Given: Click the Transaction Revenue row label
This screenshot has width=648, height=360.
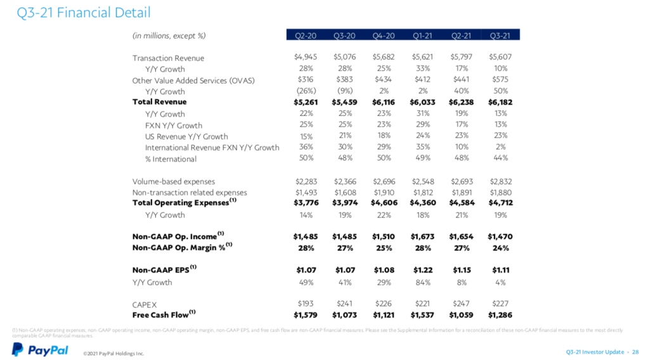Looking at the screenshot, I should [168, 58].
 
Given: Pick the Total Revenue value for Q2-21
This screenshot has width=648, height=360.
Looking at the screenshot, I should [461, 102].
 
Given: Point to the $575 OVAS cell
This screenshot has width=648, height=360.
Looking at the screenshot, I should [500, 80].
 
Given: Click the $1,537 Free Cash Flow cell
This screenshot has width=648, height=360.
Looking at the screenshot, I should [422, 315].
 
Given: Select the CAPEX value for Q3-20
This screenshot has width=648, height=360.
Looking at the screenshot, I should [344, 304].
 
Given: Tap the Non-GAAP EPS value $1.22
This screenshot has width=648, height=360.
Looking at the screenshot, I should [422, 270].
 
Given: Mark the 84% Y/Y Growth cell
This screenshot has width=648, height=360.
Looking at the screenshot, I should [422, 282].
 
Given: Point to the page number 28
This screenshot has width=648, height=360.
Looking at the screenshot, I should [635, 352].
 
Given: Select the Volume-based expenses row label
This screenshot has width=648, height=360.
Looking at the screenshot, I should [173, 182].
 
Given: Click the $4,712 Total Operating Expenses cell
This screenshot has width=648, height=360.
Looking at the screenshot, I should [500, 203].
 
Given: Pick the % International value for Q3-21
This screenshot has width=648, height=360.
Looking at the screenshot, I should [500, 158].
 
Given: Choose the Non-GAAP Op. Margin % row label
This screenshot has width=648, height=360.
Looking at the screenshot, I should [178, 248].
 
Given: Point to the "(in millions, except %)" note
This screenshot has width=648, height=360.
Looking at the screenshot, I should [169, 35].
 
